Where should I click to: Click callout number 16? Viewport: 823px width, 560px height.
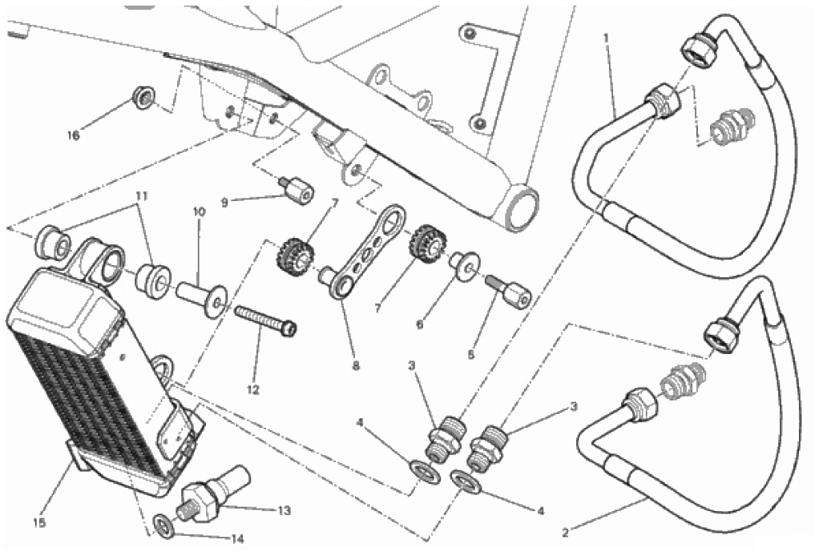74,135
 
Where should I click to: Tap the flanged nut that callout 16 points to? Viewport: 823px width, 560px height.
143,98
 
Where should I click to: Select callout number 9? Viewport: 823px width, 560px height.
224,202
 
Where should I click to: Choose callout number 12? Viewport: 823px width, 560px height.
253,390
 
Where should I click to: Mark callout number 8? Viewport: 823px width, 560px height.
356,366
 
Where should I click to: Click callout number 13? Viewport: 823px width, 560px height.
284,510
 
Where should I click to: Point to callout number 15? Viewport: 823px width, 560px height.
38,522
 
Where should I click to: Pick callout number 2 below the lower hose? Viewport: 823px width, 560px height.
565,534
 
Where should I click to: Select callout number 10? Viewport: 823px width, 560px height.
200,212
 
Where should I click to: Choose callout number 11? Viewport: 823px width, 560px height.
142,195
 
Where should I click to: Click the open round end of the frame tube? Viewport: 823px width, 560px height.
522,208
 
